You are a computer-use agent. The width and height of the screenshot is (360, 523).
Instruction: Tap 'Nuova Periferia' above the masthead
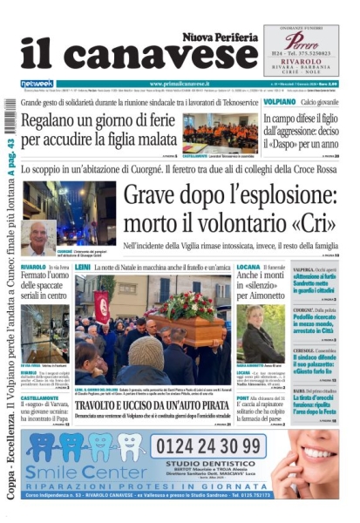[x=220, y=36]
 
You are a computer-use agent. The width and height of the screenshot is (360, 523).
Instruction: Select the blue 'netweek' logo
[x=36, y=84]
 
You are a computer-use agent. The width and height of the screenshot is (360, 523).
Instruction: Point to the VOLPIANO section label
[x=280, y=102]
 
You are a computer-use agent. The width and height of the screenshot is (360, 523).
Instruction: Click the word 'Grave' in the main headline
[x=160, y=200]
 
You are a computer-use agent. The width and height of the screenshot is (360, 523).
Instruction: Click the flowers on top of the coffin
[x=187, y=305]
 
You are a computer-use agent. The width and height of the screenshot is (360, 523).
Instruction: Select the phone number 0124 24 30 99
[x=216, y=445]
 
